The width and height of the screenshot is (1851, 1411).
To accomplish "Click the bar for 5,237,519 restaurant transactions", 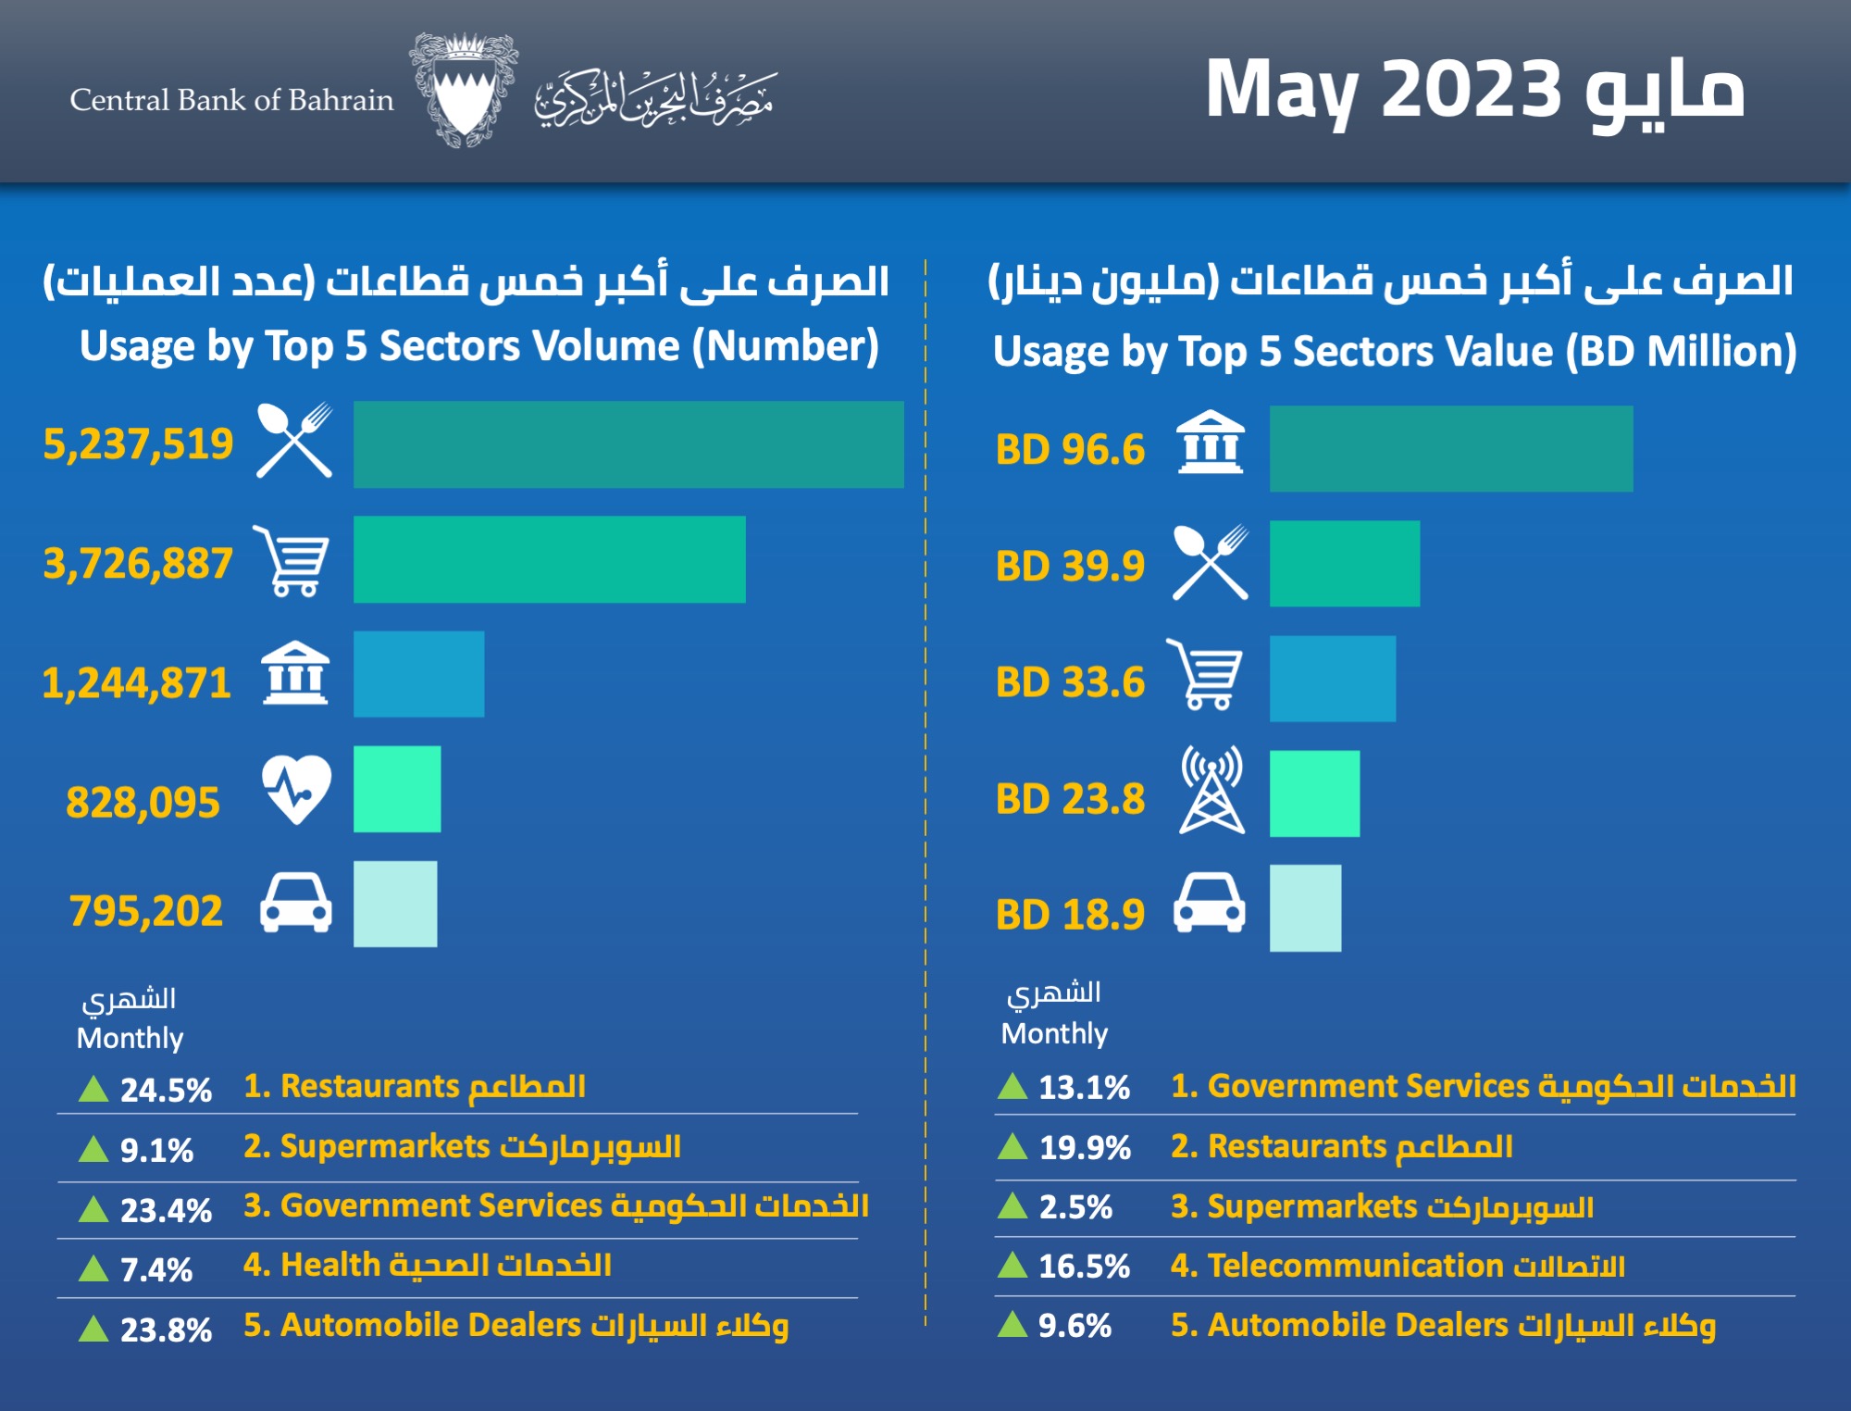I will coord(628,444).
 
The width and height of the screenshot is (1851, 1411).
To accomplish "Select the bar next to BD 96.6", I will coord(1450,449).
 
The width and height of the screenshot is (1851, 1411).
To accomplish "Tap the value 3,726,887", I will coord(138,563).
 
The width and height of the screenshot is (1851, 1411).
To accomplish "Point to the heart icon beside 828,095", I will coord(296,790).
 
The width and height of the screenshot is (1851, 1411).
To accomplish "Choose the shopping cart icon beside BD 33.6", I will coord(1206,675).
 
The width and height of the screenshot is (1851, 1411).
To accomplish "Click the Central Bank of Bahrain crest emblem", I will coord(463,91).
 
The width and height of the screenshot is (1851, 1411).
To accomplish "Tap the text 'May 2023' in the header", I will coord(1384,91).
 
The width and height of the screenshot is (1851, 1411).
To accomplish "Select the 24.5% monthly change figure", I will coord(166,1090).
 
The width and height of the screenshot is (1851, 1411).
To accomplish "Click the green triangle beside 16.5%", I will coord(1012,1265).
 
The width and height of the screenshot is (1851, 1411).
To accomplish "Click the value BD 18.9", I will coord(1070,915).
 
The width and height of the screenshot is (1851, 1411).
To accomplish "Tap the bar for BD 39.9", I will coord(1344,564).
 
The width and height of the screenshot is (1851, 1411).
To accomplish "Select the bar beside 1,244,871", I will coord(418,674).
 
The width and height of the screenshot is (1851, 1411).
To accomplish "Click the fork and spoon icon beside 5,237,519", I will coord(294,441).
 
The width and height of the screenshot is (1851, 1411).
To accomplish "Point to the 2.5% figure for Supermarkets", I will coord(1075,1207).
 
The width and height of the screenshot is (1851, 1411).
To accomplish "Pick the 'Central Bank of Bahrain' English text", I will coord(231,100).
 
